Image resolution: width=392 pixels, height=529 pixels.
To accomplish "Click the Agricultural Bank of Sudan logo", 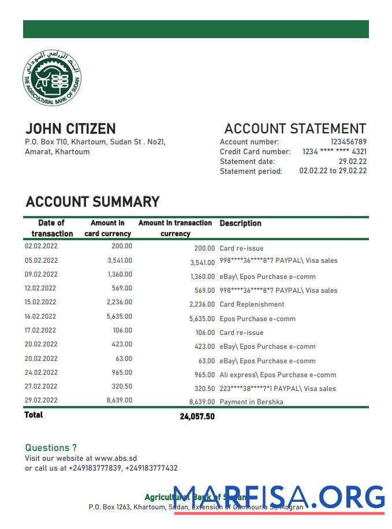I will (52, 78).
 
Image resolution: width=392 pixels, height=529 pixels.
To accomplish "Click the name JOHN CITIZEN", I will (70, 129).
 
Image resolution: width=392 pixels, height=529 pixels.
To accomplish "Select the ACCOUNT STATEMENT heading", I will (295, 129).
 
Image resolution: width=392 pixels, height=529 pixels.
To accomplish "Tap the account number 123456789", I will (348, 142).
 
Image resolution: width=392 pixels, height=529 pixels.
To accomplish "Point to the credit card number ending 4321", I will (334, 152).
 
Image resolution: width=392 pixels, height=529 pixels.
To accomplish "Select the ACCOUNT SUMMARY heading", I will (92, 202).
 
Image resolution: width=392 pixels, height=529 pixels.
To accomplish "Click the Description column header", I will (240, 223).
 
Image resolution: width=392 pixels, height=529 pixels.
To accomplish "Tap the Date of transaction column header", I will (52, 228).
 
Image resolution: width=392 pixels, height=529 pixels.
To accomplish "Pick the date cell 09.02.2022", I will (41, 274).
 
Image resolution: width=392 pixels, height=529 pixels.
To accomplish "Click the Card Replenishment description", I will (252, 304).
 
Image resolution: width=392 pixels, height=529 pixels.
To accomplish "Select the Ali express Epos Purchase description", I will (278, 375).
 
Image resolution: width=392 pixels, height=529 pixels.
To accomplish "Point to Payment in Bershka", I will (251, 402).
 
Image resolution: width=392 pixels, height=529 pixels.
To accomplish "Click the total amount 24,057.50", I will (197, 416).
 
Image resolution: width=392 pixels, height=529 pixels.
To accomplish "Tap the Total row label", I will (33, 415).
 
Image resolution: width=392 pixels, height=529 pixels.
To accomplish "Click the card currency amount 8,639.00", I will (120, 400).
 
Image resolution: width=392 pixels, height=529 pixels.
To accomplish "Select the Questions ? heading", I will (51, 448).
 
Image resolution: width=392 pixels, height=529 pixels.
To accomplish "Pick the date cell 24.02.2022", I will (41, 372).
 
